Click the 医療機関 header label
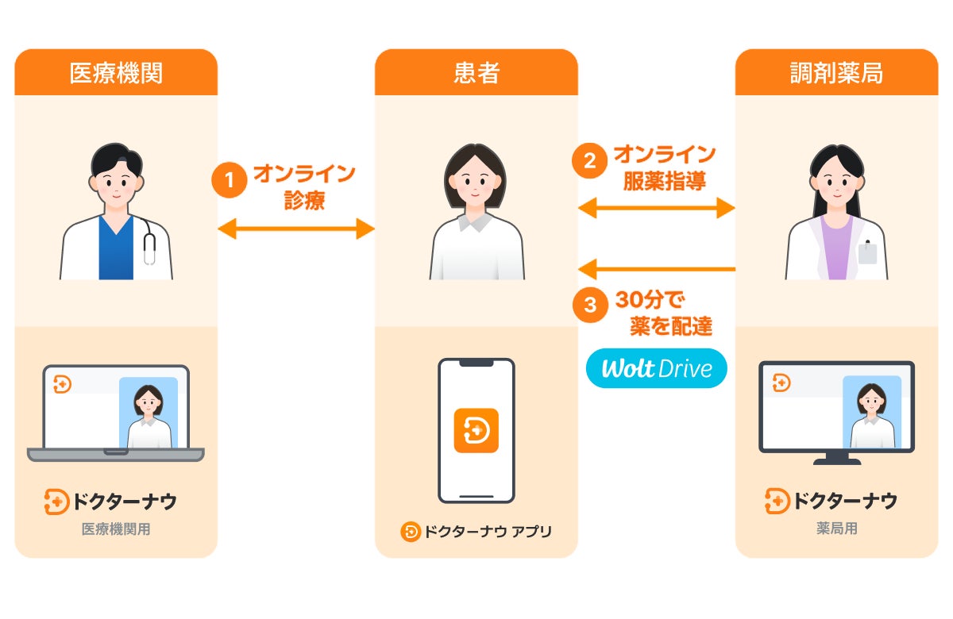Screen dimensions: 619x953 pyautogui.click(x=116, y=74)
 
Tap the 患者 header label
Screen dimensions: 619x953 pyautogui.click(x=476, y=74)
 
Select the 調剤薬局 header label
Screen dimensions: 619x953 pyautogui.click(x=836, y=74)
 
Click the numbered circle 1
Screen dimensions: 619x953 pyautogui.click(x=230, y=181)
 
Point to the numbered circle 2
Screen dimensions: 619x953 pyautogui.click(x=590, y=161)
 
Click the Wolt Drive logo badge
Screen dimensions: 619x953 pyautogui.click(x=656, y=368)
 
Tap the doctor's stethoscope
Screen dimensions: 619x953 pyautogui.click(x=149, y=243)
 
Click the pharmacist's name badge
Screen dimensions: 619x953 pyautogui.click(x=867, y=252)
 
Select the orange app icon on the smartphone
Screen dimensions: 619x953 pyautogui.click(x=476, y=430)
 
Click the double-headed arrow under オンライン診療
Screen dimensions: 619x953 pyautogui.click(x=296, y=229)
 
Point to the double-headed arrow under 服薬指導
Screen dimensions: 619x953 pyautogui.click(x=656, y=209)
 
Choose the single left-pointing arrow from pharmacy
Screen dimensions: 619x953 pyautogui.click(x=656, y=268)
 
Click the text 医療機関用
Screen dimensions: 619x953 pyautogui.click(x=116, y=529)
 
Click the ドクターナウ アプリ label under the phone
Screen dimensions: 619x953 pyautogui.click(x=476, y=532)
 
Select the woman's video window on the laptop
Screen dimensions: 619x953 pyautogui.click(x=149, y=413)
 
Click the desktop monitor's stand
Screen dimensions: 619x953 pyautogui.click(x=836, y=458)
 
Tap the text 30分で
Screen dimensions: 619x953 pyautogui.click(x=650, y=301)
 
